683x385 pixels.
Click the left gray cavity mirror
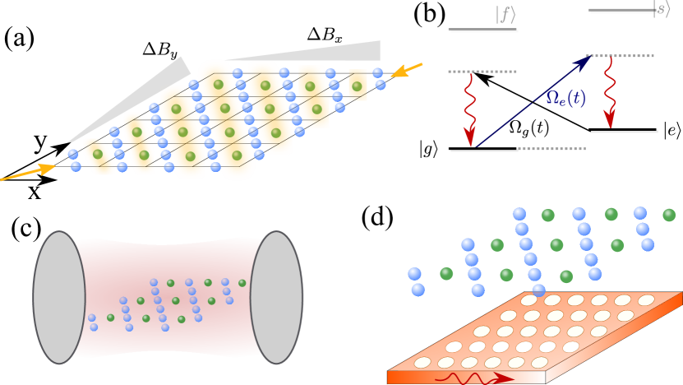click(x=59, y=297)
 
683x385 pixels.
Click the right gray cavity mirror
click(x=275, y=297)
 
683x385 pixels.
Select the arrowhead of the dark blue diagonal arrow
click(x=584, y=61)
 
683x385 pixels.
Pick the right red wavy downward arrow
click(x=609, y=92)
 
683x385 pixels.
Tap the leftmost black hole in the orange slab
click(x=454, y=346)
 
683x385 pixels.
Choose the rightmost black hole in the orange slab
click(x=570, y=346)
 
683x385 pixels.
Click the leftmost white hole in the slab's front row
click(x=423, y=362)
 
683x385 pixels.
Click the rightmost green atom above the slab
click(x=668, y=215)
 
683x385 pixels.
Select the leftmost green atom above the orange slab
click(x=445, y=273)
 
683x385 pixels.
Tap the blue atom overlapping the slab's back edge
click(x=538, y=290)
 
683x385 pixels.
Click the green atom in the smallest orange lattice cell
click(x=357, y=86)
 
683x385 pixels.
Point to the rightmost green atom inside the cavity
click(x=242, y=283)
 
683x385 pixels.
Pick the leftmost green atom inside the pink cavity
click(x=110, y=318)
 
